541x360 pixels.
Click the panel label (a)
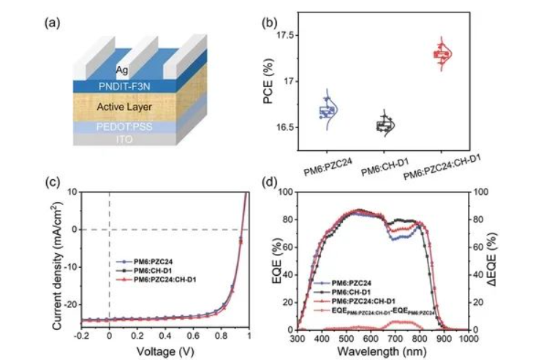point(52,21)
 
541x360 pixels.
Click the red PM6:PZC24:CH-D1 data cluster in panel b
point(441,53)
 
